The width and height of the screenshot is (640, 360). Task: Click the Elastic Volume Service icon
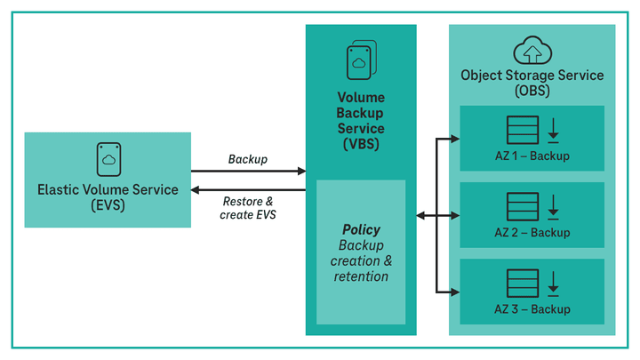[x=108, y=158]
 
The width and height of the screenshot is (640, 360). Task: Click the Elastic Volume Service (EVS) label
[x=108, y=196]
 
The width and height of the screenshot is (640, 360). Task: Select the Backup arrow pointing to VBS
[x=248, y=171]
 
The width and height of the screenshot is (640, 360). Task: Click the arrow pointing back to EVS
[x=248, y=189]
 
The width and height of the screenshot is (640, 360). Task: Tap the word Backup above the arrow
[x=248, y=159]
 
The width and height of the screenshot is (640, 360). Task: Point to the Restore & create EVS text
[x=248, y=208]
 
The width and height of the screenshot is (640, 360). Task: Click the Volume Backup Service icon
[x=360, y=60]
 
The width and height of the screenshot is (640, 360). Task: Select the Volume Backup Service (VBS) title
[x=360, y=119]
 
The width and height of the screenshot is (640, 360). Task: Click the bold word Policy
[x=361, y=229]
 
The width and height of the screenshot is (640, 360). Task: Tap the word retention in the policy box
[x=361, y=276]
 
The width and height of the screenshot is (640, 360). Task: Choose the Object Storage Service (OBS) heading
[x=532, y=83]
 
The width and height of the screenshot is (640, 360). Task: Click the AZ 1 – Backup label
[x=532, y=156]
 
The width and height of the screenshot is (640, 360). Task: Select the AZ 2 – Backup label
[x=532, y=233]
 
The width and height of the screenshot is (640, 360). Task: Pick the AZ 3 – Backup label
[x=532, y=309]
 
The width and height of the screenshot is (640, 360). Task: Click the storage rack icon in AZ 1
[x=523, y=131]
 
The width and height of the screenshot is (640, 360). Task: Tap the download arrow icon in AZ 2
[x=553, y=207]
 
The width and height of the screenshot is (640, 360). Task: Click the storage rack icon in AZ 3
[x=523, y=284]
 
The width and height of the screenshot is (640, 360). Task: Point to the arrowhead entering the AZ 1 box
[x=453, y=139]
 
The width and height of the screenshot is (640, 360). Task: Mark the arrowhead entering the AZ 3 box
[x=453, y=292]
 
